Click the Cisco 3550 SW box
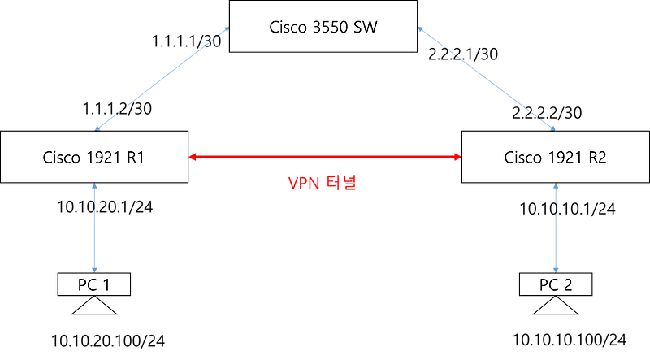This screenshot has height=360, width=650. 324,26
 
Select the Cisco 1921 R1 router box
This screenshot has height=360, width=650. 94,158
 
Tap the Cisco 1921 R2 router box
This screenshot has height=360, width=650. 555,158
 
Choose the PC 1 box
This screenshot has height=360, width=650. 94,284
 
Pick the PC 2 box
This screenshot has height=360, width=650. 556,284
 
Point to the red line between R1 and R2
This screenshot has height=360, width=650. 325,155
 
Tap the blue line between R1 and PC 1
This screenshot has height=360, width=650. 97,228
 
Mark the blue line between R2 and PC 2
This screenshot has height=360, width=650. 556,228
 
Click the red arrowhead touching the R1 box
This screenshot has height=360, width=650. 194,155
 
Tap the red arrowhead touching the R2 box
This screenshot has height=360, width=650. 456,155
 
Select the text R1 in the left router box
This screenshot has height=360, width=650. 135,158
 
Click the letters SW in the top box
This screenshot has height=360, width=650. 366,26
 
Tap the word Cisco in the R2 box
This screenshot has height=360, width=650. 522,158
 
